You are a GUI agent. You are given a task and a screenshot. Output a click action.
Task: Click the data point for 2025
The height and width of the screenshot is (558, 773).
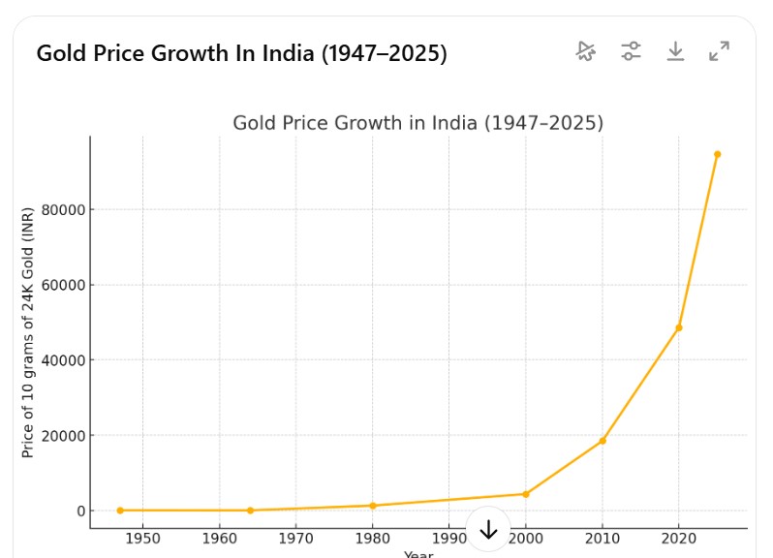click(x=717, y=154)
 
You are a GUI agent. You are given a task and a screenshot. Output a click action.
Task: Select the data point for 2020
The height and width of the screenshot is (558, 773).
click(x=678, y=327)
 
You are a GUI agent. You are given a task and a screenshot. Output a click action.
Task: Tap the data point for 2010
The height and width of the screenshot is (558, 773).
click(x=603, y=441)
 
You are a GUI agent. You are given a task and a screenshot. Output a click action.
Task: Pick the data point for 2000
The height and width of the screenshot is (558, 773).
click(x=526, y=494)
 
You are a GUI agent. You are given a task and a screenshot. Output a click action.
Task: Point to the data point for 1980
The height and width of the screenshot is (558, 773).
click(x=372, y=506)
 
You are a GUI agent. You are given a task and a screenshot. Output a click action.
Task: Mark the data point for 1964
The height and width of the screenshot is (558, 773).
click(x=250, y=511)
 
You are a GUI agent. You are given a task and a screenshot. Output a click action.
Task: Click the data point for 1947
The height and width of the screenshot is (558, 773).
click(x=120, y=511)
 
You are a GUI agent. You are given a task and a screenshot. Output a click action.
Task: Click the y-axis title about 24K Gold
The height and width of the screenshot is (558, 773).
click(x=28, y=332)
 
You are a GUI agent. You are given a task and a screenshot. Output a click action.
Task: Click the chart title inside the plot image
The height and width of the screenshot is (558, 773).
click(x=417, y=123)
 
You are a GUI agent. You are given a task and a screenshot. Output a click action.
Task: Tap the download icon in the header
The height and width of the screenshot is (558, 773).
click(x=675, y=51)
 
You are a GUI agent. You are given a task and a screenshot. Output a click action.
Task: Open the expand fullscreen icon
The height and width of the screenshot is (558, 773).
click(x=719, y=51)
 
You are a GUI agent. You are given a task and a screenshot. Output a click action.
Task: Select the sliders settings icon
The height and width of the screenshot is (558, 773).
click(x=632, y=51)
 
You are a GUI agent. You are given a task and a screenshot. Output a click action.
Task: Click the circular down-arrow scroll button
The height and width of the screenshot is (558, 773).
click(x=488, y=529)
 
